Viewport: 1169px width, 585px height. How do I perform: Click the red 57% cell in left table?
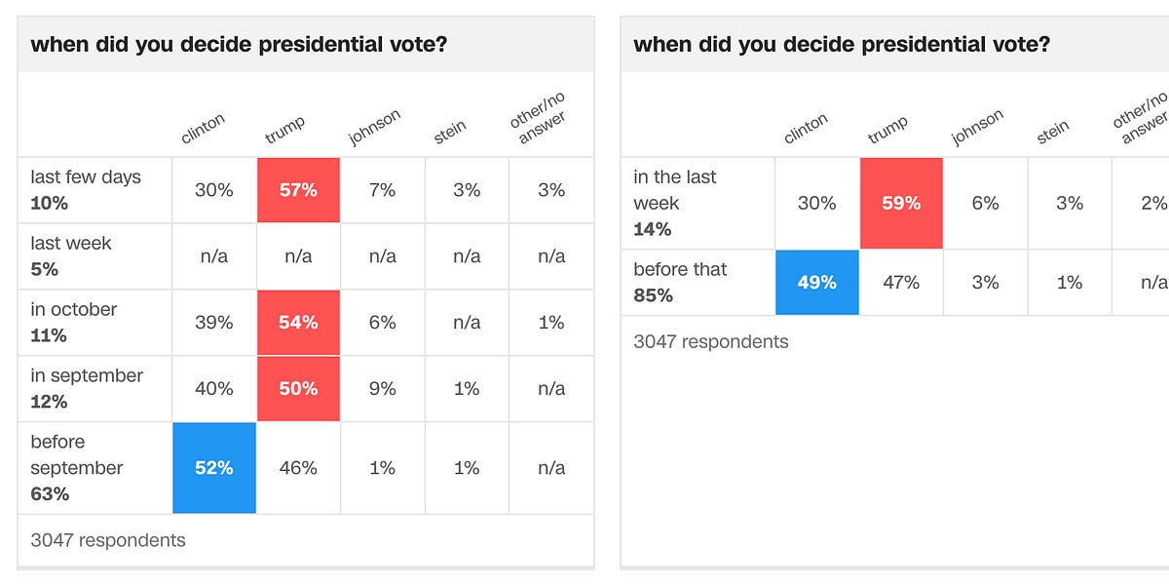(x=298, y=190)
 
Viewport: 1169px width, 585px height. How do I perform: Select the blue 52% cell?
(x=214, y=468)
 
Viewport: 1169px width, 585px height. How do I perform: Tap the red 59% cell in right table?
(x=901, y=203)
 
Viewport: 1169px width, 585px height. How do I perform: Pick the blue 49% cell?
(x=817, y=282)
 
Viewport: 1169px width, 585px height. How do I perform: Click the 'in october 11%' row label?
(x=74, y=322)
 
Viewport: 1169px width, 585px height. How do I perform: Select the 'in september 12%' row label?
(x=86, y=388)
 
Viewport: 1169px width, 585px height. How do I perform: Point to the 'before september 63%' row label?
(x=76, y=468)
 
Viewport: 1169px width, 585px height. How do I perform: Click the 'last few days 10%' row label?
(x=86, y=189)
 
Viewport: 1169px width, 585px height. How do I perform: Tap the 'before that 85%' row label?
(x=680, y=282)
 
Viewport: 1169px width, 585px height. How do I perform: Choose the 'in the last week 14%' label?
(x=674, y=203)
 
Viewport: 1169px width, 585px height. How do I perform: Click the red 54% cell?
(x=298, y=322)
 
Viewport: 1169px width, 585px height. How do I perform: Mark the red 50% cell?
(x=298, y=388)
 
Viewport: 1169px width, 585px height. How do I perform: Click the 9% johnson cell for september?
(x=383, y=388)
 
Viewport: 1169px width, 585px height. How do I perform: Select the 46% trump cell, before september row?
(x=298, y=468)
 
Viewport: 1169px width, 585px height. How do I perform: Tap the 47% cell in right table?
(x=901, y=282)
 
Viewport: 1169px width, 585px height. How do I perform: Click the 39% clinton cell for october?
(x=214, y=322)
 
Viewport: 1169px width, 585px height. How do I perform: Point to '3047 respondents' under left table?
(x=107, y=539)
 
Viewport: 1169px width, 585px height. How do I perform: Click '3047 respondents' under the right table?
(x=710, y=341)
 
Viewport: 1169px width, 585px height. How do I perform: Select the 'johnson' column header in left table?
(x=375, y=127)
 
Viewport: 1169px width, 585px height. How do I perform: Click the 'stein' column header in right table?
(x=1053, y=132)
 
